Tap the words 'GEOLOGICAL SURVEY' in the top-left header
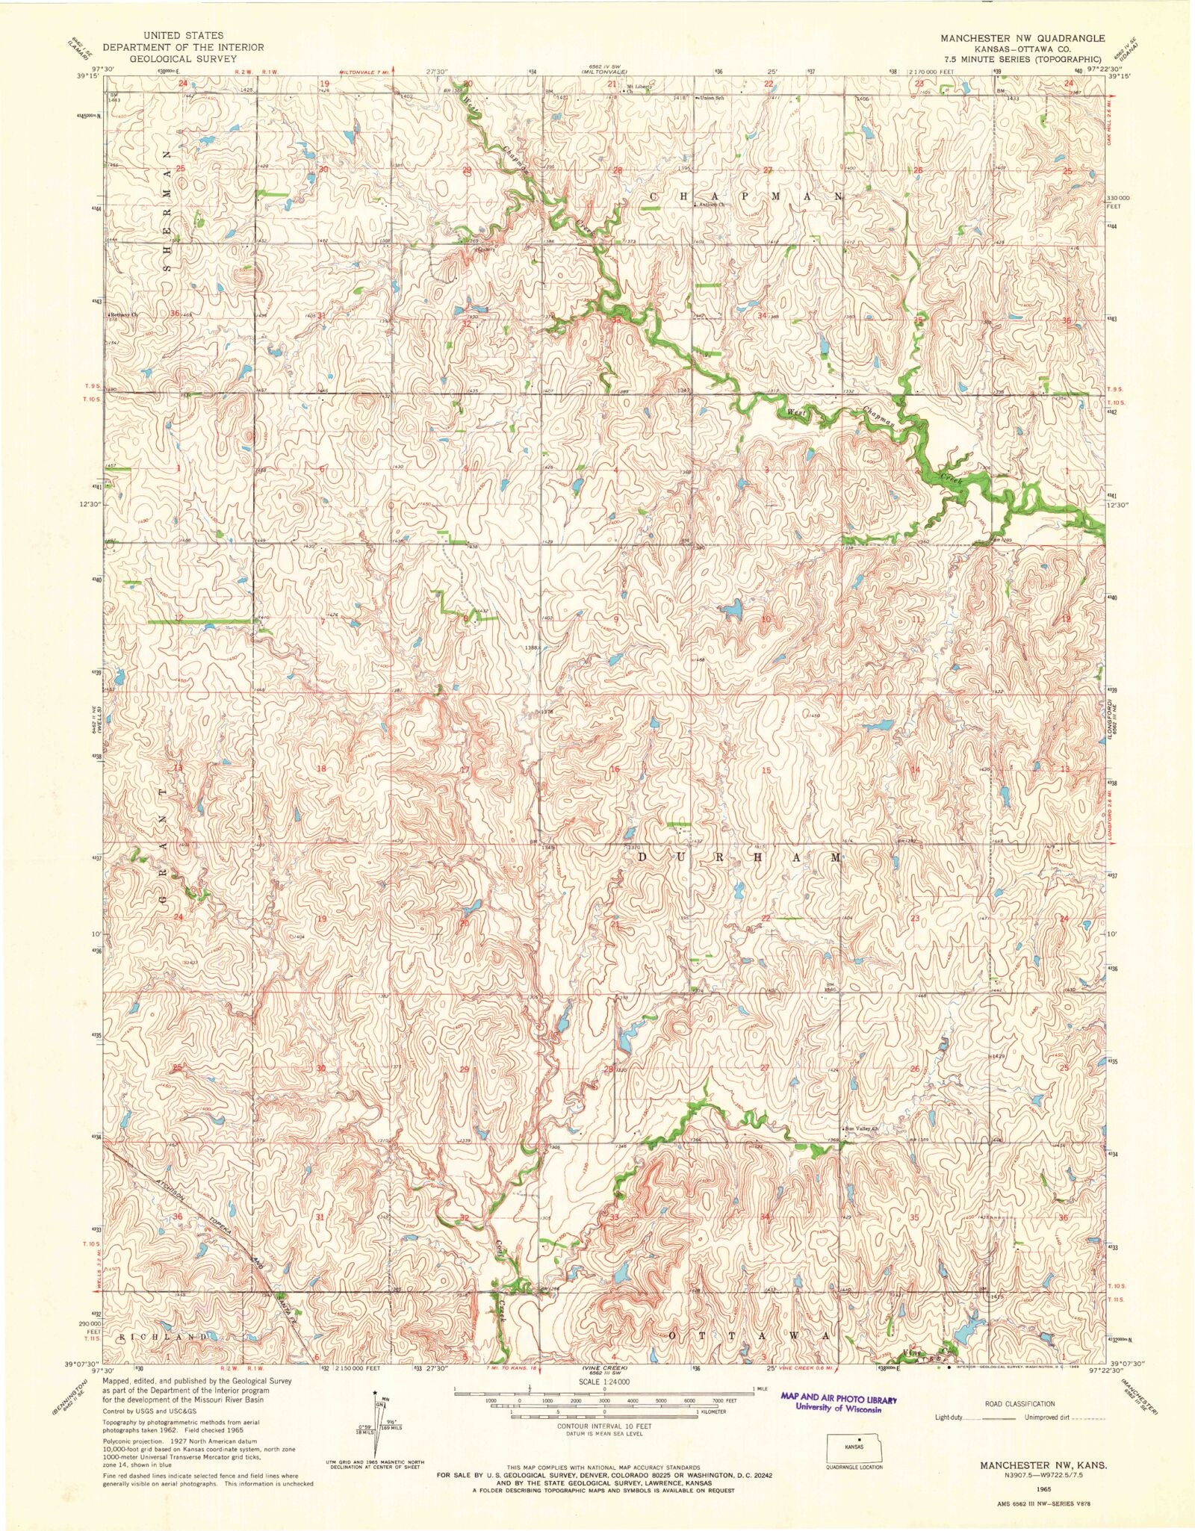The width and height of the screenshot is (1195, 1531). coord(183,58)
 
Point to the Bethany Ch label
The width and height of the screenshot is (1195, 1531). coord(125,315)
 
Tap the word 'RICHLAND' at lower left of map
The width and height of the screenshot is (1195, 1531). coord(162,1335)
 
